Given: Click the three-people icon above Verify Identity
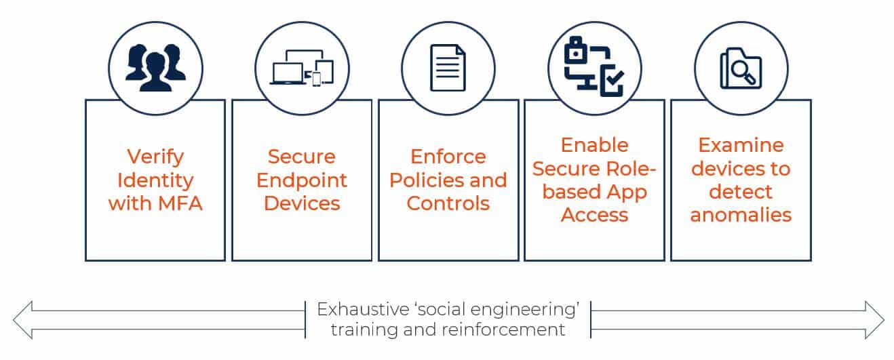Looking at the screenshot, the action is coord(155,68).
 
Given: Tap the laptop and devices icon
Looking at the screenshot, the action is coord(302,67).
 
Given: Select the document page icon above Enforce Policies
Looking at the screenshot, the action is coord(448,68).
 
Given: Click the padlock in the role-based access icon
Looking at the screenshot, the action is coord(575,50).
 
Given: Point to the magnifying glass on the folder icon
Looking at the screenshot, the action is coord(742,73).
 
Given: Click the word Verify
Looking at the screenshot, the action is coord(155,157).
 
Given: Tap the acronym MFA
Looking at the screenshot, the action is coord(180,203).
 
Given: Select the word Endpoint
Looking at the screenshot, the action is coord(302,181).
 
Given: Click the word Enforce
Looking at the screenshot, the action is coord(448,156).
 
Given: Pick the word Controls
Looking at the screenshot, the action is coord(448,203).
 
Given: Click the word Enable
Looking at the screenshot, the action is coord(595,144).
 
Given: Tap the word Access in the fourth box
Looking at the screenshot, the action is coord(595,215).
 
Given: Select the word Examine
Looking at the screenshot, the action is coord(741,144).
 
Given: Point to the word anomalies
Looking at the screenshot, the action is coord(741,215).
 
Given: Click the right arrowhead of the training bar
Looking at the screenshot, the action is coord(874,320).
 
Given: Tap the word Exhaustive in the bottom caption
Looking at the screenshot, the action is coord(363,309).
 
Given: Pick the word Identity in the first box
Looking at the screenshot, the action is coord(155,181).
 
